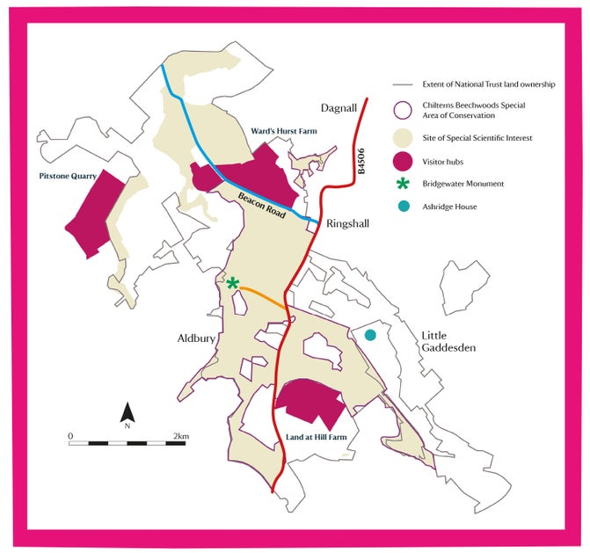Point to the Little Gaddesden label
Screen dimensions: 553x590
click(448, 341)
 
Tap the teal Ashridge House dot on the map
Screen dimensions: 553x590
click(371, 334)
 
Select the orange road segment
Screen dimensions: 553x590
click(263, 295)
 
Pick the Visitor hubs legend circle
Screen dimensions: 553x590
click(404, 161)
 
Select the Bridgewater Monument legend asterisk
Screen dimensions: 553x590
click(404, 184)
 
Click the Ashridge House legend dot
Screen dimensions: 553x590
click(404, 207)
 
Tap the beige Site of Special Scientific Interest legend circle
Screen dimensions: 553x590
click(404, 137)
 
